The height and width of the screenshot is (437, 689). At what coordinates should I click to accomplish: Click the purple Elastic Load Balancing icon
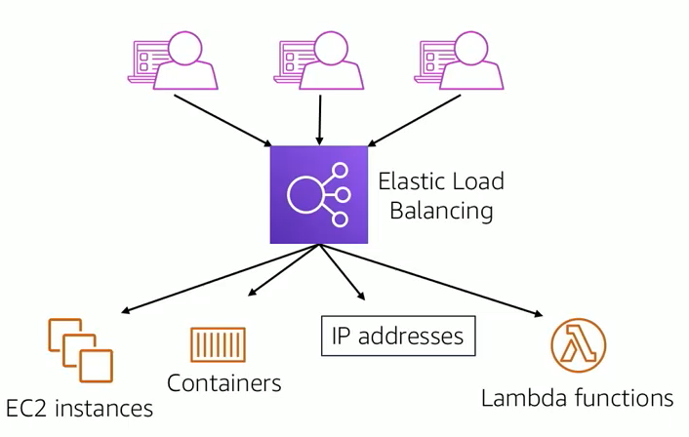click(x=318, y=194)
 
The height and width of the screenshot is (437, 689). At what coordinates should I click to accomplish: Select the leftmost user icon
click(x=173, y=60)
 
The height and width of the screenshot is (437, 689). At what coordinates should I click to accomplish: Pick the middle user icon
click(x=319, y=60)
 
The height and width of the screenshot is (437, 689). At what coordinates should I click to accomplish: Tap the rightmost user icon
click(x=460, y=60)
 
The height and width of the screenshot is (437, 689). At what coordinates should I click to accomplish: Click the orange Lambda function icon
click(x=579, y=345)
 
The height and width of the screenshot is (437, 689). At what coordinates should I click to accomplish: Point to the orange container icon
click(x=218, y=344)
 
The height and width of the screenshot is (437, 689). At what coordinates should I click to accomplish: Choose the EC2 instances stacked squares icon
click(x=80, y=350)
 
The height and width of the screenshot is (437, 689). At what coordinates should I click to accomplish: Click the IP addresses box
click(x=398, y=336)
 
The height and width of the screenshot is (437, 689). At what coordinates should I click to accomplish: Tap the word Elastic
click(x=410, y=181)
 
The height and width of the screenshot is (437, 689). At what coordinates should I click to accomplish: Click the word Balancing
click(x=441, y=211)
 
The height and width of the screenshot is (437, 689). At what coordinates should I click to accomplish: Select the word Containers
click(x=224, y=383)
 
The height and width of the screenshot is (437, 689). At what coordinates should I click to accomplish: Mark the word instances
click(x=104, y=409)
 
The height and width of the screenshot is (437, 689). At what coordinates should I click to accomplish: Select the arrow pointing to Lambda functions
click(x=430, y=280)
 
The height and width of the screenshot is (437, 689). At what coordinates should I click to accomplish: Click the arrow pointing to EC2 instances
click(x=220, y=278)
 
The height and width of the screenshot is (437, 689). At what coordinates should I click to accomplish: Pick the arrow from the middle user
click(x=320, y=120)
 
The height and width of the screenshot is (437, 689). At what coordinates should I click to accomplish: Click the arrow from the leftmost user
click(x=223, y=120)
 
